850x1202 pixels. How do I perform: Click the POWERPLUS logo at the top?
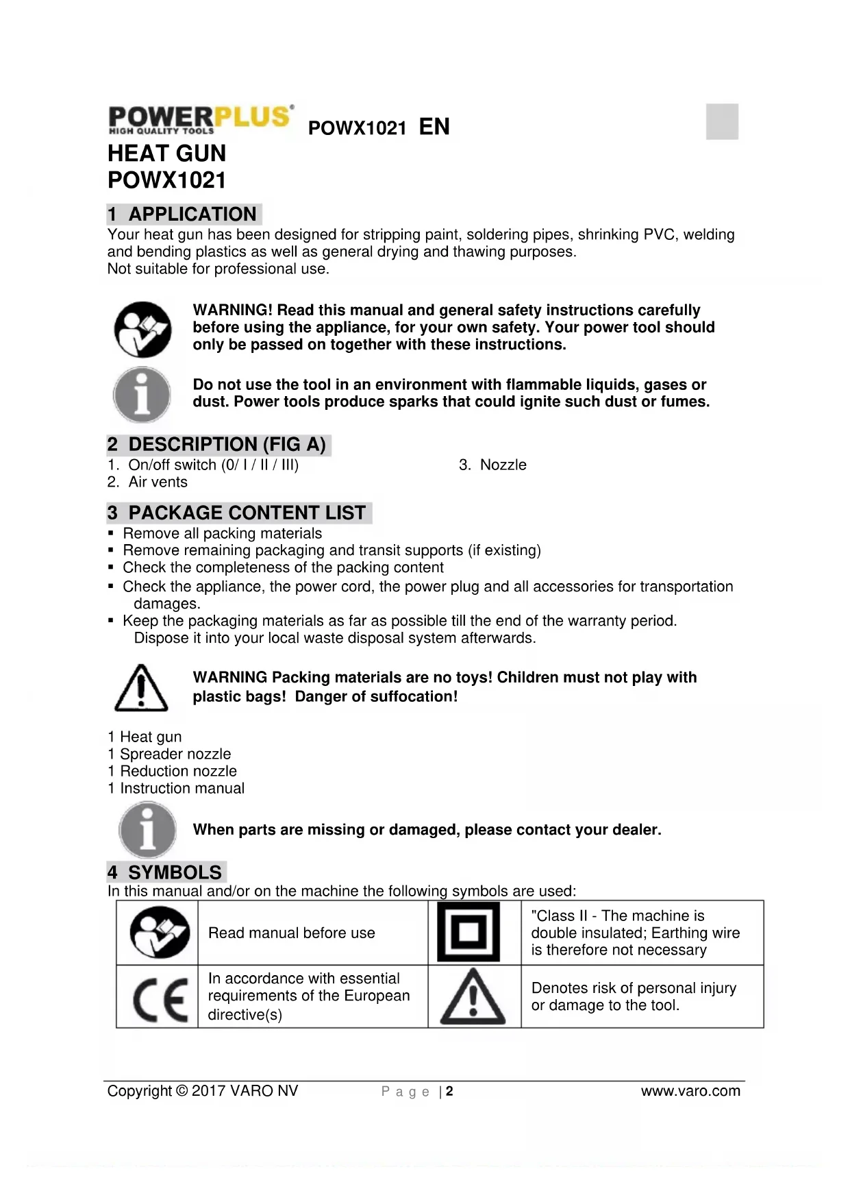[x=201, y=119]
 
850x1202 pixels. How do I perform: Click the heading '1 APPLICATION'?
[x=184, y=214]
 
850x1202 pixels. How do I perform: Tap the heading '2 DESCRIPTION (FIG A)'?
[x=218, y=444]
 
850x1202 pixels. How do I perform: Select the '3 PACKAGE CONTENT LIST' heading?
[x=238, y=513]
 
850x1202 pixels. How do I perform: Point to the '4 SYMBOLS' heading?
[x=166, y=872]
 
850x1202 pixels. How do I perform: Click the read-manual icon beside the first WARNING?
[x=142, y=329]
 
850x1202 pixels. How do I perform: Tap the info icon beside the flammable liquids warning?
[x=142, y=395]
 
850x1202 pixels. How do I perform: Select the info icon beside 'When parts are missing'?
[x=147, y=830]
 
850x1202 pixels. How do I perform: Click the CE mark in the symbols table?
[x=159, y=999]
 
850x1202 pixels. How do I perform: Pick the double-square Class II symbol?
[x=468, y=932]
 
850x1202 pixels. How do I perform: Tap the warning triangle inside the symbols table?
[x=473, y=997]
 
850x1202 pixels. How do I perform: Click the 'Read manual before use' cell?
[x=292, y=933]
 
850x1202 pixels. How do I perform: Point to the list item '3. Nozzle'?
[x=492, y=465]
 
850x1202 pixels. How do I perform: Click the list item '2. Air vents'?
[x=147, y=482]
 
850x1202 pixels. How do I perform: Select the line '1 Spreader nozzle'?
[x=169, y=754]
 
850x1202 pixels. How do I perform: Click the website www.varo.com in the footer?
[x=690, y=1090]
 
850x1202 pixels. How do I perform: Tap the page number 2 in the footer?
[x=449, y=1091]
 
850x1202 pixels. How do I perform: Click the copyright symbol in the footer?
[x=182, y=1091]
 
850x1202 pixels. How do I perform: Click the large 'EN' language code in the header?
[x=434, y=127]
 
